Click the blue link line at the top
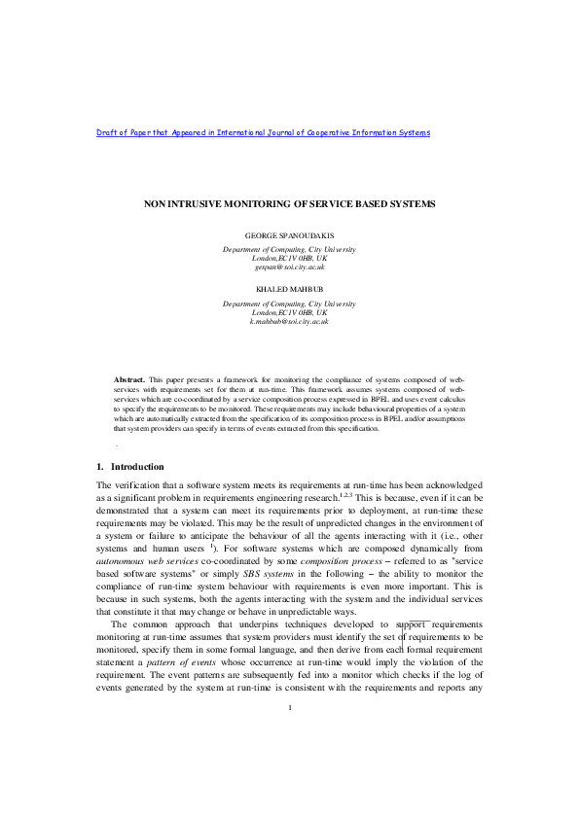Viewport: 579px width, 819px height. pos(263,132)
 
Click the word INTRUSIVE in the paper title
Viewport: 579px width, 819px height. pos(199,204)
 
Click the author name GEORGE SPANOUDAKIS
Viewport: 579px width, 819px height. pos(289,236)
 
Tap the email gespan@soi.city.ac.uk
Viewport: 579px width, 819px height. pos(289,267)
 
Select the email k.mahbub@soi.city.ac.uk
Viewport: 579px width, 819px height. pos(289,321)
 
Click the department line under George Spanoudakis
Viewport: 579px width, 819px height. pos(289,249)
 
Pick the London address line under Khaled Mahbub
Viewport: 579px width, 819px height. pos(289,312)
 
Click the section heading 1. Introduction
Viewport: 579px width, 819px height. pos(130,466)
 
